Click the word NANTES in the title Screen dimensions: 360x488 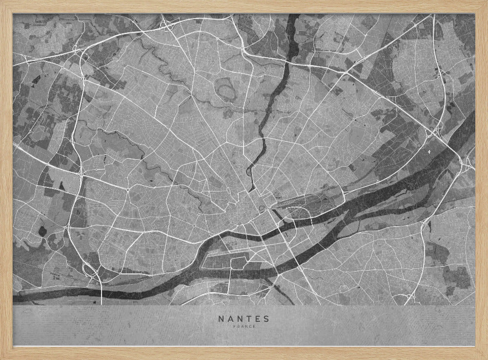[244, 319]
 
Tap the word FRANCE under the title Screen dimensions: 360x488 [244, 327]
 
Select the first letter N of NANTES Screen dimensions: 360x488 [221, 319]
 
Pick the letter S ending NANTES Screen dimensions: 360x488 [266, 319]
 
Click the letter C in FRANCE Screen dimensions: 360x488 [249, 327]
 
